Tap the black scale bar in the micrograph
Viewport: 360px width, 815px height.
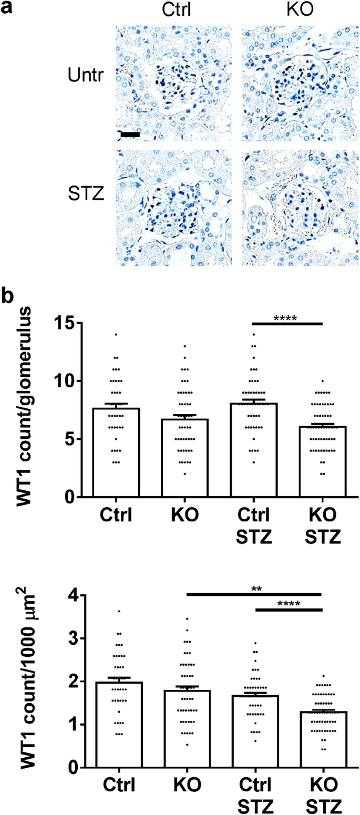[x=130, y=135]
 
